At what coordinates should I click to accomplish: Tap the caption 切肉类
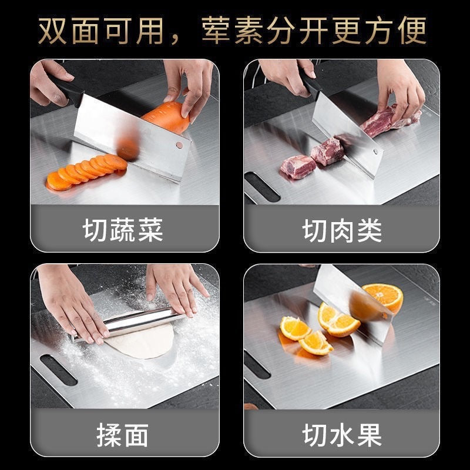click(x=343, y=230)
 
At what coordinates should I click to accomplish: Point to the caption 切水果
click(x=343, y=436)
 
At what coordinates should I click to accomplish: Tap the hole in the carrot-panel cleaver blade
click(x=179, y=145)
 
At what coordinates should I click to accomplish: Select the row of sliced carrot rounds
click(x=86, y=171)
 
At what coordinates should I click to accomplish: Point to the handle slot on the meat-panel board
click(x=261, y=186)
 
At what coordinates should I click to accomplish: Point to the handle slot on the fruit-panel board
click(x=257, y=364)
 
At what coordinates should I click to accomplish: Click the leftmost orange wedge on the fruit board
click(x=294, y=328)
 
